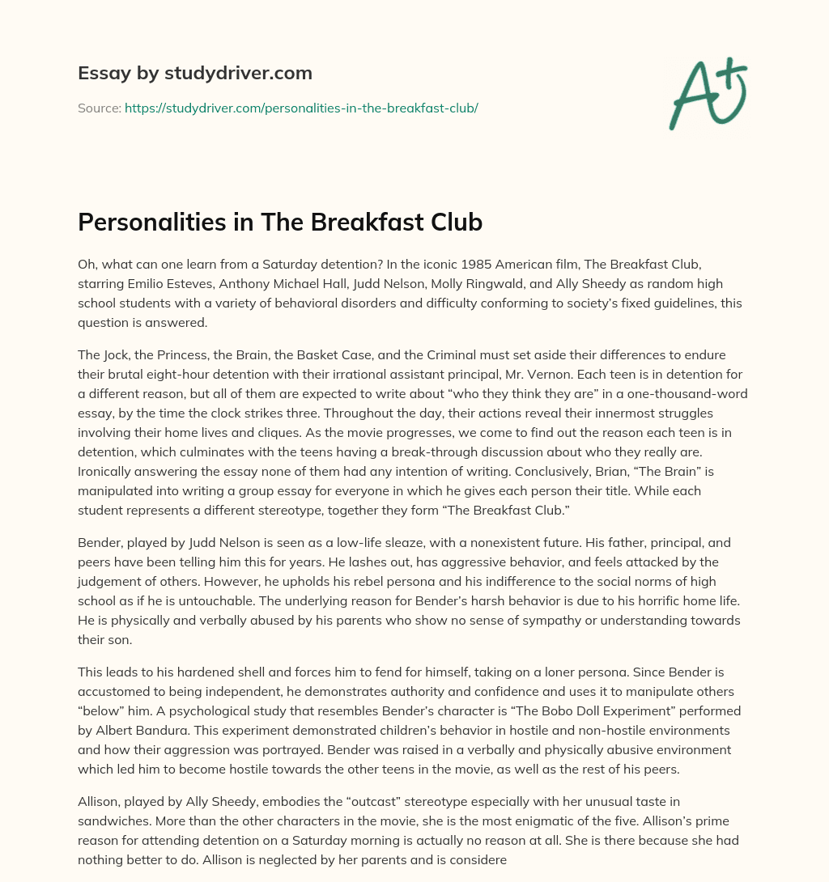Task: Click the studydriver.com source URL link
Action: coord(301,108)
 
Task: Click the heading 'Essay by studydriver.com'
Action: coord(194,73)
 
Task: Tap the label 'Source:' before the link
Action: coord(99,108)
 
